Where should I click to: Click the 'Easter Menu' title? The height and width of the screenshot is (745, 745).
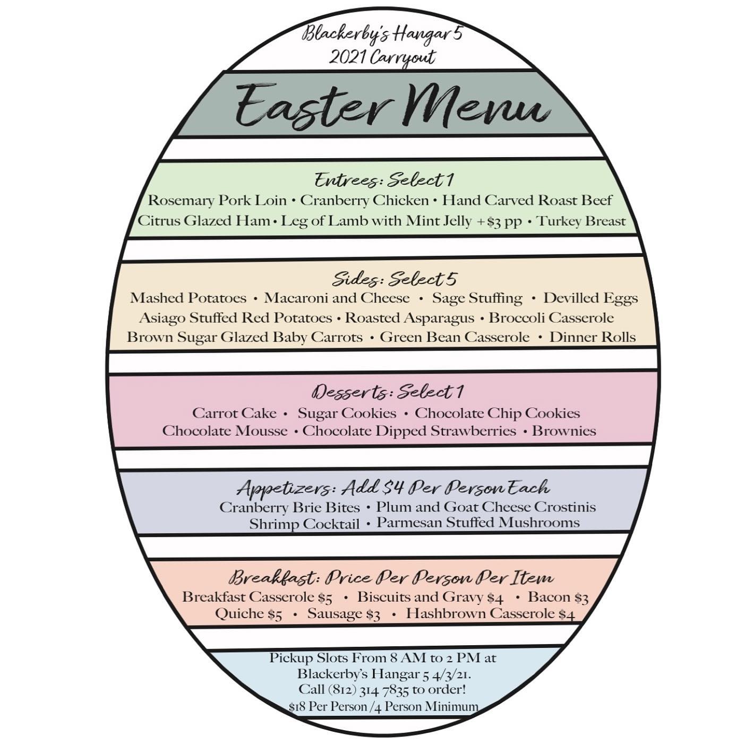pyautogui.click(x=392, y=105)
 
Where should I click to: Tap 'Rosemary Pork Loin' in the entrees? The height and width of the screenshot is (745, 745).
pyautogui.click(x=217, y=201)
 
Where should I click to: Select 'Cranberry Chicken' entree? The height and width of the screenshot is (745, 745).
pyautogui.click(x=364, y=201)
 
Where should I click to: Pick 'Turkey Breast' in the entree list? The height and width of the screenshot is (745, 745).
pyautogui.click(x=581, y=221)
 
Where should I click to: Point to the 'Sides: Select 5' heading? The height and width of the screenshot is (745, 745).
pyautogui.click(x=395, y=279)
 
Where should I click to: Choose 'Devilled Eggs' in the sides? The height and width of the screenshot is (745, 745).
pyautogui.click(x=590, y=298)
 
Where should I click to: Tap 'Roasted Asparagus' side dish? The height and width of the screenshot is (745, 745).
pyautogui.click(x=409, y=318)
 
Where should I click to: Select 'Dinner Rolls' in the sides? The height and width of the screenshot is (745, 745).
pyautogui.click(x=592, y=337)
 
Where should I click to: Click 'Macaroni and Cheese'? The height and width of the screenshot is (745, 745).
pyautogui.click(x=337, y=298)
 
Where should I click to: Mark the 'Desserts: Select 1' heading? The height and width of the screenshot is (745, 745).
pyautogui.click(x=388, y=392)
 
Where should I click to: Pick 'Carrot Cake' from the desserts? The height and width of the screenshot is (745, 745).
pyautogui.click(x=234, y=413)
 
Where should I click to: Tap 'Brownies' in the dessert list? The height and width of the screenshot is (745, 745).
pyautogui.click(x=564, y=431)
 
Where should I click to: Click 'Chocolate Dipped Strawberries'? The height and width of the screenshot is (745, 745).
pyautogui.click(x=409, y=431)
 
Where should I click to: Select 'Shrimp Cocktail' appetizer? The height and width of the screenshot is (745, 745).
pyautogui.click(x=304, y=524)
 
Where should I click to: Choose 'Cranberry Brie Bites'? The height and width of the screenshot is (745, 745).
pyautogui.click(x=289, y=507)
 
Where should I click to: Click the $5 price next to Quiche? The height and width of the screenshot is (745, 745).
pyautogui.click(x=275, y=615)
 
